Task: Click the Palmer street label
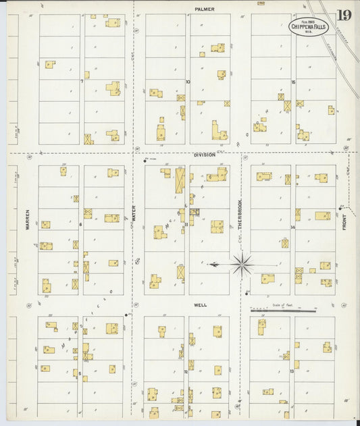204,9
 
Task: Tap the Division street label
205,155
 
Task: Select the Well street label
201,305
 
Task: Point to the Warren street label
28,223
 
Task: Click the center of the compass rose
242,263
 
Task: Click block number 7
82,81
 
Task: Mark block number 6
81,223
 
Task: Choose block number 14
293,228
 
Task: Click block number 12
186,371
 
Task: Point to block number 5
80,373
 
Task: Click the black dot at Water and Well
126,315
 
